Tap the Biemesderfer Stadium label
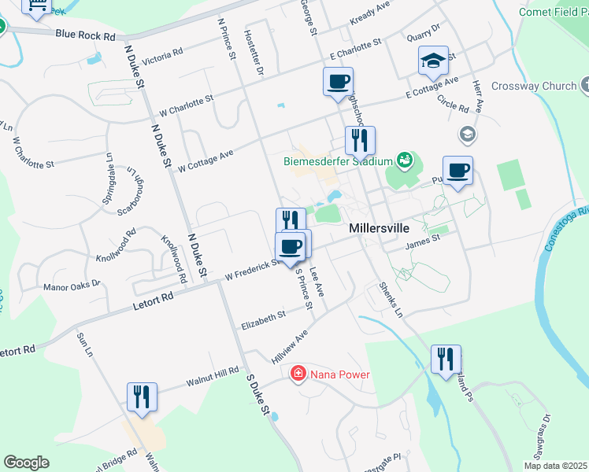[338, 162]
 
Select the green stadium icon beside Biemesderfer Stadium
[405, 160]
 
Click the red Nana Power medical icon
[298, 373]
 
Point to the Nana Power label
[339, 374]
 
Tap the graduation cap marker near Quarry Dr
[432, 61]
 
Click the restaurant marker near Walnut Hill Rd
[142, 396]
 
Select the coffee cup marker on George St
[338, 82]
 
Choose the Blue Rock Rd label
[86, 35]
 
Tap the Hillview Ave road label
[289, 346]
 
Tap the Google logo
[26, 462]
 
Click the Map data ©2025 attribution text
[556, 466]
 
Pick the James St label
[421, 247]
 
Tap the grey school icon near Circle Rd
[467, 135]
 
